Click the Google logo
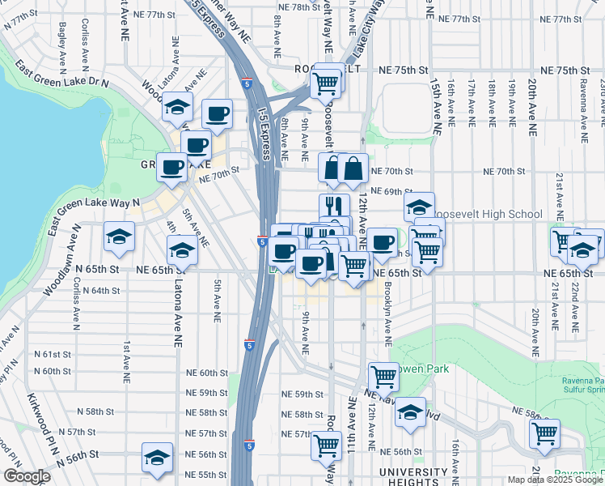pyautogui.click(x=26, y=476)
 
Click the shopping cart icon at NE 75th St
pyautogui.click(x=325, y=83)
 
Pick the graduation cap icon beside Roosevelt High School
pyautogui.click(x=419, y=207)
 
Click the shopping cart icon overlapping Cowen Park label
pyautogui.click(x=383, y=376)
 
